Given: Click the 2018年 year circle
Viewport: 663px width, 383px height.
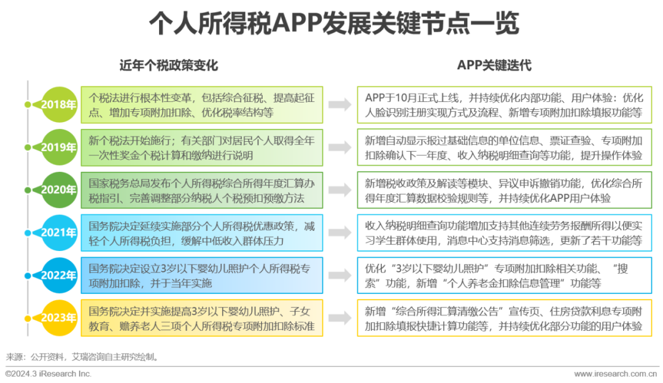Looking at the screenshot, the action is [59, 105].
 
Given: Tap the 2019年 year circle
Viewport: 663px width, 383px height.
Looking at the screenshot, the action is [59, 147].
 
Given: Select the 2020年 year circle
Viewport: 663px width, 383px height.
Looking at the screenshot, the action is [59, 190].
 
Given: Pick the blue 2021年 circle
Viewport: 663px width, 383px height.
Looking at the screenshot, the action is [59, 233].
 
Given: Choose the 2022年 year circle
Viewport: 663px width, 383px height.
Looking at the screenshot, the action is [59, 275].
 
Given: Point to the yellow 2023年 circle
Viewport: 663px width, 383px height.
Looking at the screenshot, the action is [59, 318].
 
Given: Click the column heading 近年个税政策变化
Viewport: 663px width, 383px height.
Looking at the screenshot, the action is [169, 65].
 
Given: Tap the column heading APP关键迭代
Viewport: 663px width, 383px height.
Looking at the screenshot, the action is [494, 65].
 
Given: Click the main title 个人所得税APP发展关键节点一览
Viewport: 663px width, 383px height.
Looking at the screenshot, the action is [334, 23].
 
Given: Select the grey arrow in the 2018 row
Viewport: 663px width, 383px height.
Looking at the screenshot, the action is [340, 104].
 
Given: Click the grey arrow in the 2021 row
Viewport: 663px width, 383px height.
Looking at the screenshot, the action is [340, 232].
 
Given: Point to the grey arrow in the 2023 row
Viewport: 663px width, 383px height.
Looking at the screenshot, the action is [340, 318].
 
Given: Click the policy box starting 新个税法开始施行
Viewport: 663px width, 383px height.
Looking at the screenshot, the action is [202, 147].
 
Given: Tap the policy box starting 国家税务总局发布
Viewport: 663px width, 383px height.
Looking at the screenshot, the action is [202, 190].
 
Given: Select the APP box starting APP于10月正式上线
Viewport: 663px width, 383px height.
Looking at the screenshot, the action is [505, 105].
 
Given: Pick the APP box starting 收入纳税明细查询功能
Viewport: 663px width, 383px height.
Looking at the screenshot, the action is [505, 233].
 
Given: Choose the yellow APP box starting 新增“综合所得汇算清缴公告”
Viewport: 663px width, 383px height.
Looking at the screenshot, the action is [505, 318].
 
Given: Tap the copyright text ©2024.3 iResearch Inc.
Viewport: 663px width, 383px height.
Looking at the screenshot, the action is [48, 374].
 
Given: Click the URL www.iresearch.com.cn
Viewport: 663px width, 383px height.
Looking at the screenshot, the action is [616, 374].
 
